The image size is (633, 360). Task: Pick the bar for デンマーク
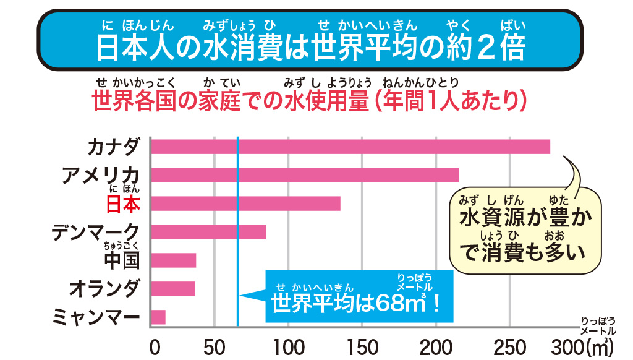point(209,232)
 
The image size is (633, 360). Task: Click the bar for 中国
point(174,260)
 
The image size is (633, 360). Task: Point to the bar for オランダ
point(173,289)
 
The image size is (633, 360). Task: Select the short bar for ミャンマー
point(158,317)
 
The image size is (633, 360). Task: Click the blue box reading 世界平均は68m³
point(359,297)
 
